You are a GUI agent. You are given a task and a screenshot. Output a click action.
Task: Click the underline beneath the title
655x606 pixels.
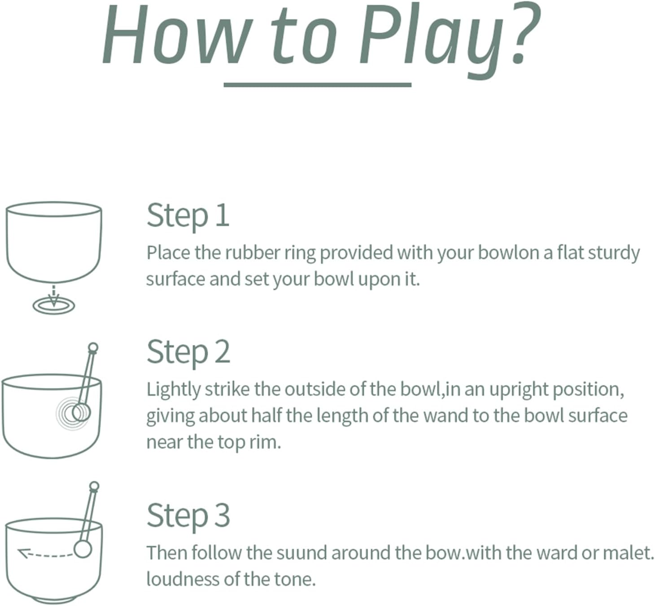coord(317,85)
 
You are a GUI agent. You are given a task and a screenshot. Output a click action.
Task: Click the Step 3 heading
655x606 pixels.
coord(188,515)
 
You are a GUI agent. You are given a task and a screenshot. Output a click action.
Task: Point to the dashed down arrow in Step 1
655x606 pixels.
coord(54,294)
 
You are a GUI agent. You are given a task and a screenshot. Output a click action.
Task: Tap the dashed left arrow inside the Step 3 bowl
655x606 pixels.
coord(46,555)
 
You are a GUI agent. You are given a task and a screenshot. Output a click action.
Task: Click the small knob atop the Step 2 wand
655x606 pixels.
coord(93,347)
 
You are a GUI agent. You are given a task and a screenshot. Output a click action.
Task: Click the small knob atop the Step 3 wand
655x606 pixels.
coord(94,485)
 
